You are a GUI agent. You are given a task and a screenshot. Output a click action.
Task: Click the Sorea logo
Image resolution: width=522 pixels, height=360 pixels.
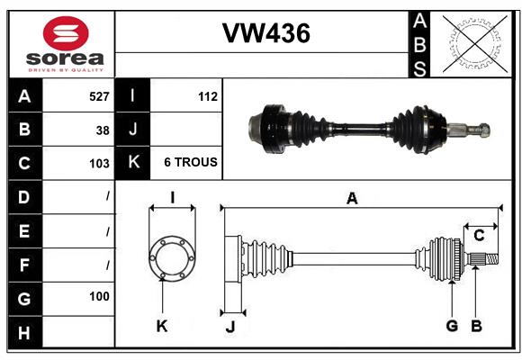66,45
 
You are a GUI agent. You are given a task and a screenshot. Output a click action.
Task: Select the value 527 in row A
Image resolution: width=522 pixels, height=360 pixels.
98,95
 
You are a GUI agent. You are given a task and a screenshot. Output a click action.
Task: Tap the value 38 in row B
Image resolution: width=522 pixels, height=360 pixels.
103,130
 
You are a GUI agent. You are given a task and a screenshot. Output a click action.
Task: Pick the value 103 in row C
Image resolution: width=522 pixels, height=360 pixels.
98,164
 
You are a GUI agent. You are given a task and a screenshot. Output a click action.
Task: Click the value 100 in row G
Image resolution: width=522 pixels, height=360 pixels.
99,296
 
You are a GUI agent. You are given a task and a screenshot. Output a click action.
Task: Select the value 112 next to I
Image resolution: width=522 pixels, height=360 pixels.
207,95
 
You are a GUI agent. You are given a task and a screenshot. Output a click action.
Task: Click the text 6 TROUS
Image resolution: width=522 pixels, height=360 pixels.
190,162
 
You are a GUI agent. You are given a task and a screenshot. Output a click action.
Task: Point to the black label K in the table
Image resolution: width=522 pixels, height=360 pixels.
133,162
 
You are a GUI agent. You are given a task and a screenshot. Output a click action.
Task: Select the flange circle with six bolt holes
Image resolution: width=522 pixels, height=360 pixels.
171,259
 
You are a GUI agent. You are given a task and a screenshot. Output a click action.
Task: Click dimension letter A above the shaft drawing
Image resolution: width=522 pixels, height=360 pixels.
352,199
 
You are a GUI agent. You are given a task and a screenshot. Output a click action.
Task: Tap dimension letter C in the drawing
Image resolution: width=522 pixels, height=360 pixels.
480,235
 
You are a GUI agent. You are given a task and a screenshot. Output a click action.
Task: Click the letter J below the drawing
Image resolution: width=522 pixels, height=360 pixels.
229,327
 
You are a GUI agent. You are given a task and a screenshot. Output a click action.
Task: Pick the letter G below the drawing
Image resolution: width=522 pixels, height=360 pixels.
452,326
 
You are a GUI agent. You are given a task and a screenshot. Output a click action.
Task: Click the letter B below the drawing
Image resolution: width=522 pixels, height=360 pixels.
477,326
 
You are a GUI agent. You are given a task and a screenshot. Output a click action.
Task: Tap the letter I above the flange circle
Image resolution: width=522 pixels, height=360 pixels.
171,198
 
